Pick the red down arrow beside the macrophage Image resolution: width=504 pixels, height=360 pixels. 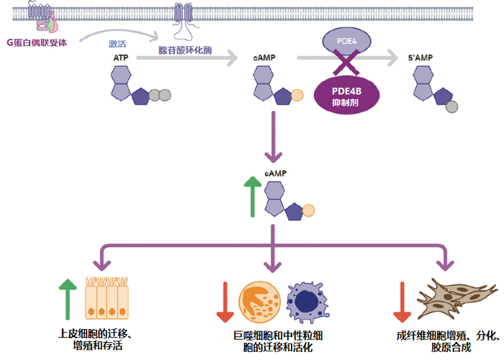[225, 302]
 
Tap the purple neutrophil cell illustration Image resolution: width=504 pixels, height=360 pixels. [309, 302]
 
